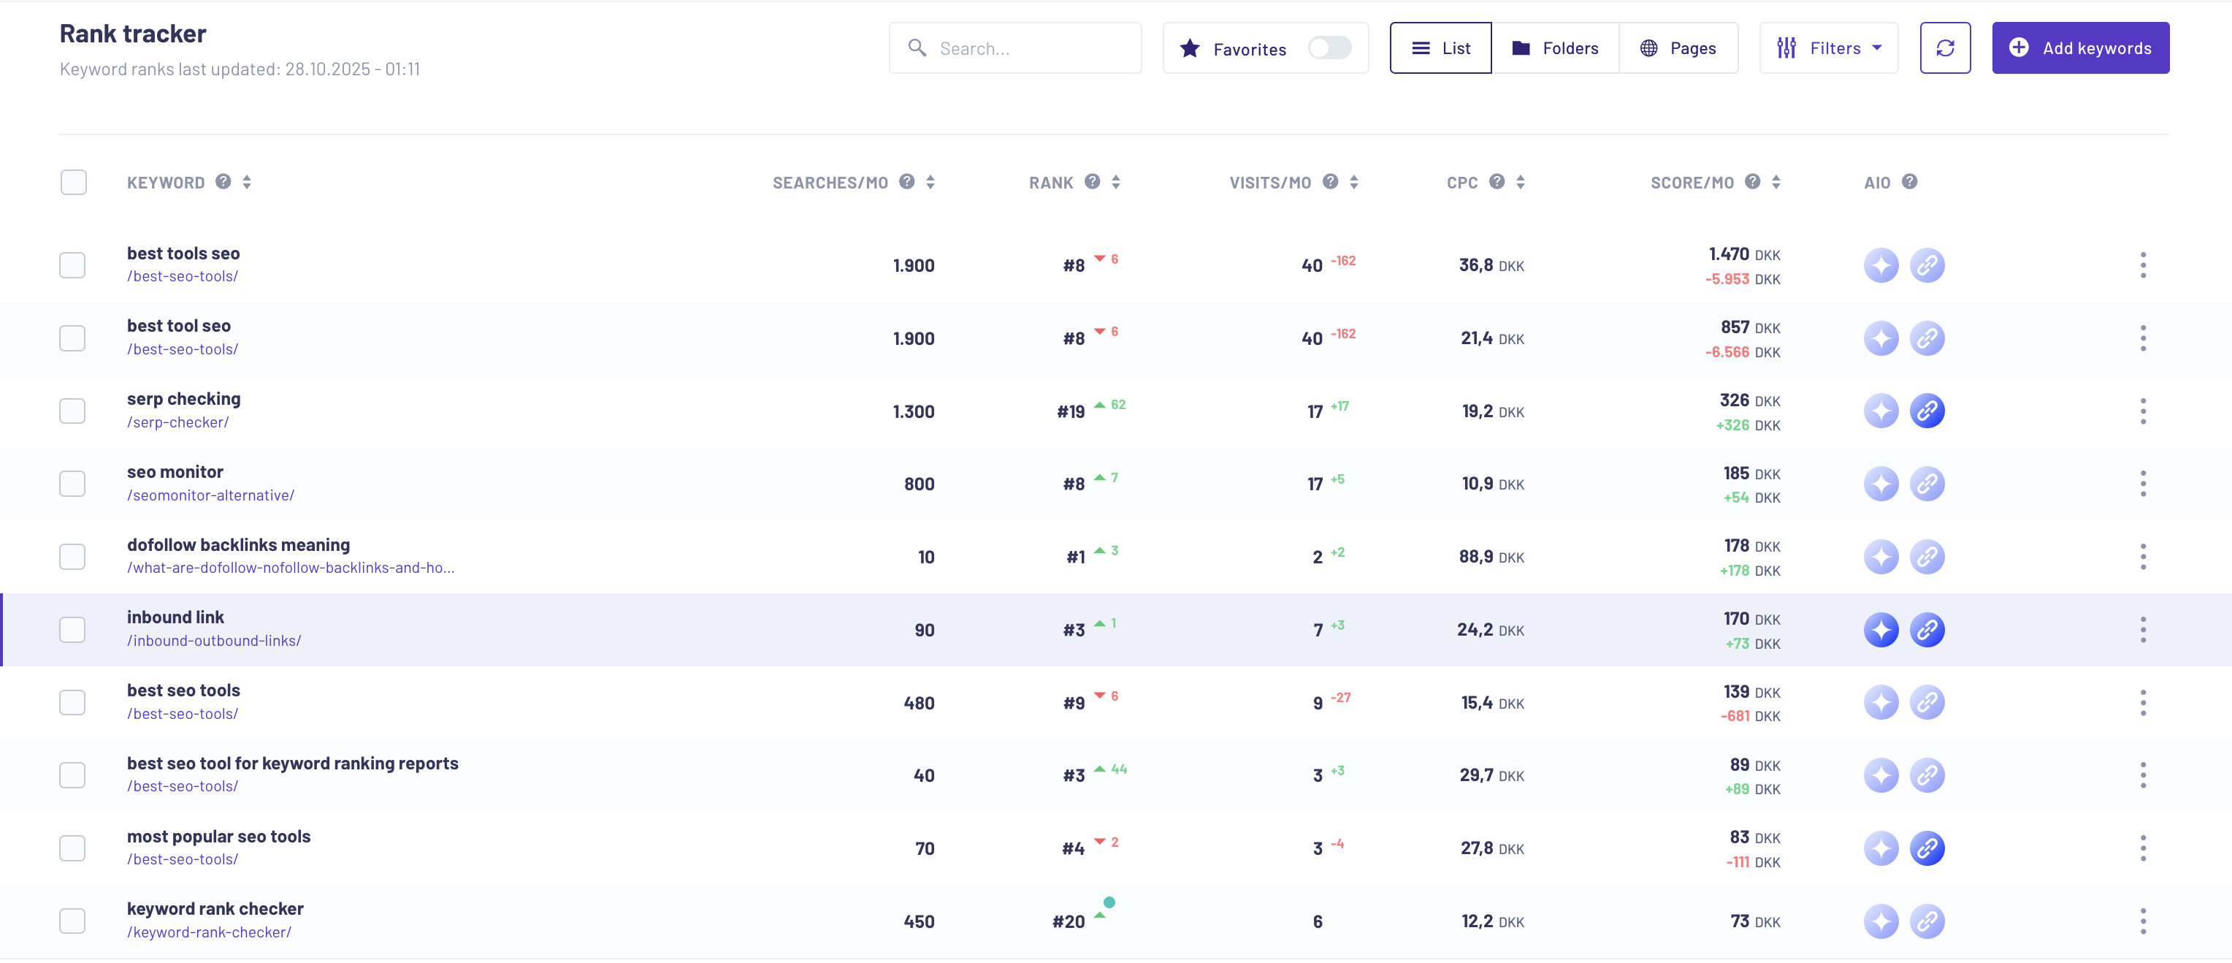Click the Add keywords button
pyautogui.click(x=2079, y=47)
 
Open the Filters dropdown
pyautogui.click(x=1828, y=47)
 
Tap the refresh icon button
pyautogui.click(x=1944, y=47)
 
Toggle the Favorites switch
pyautogui.click(x=1329, y=47)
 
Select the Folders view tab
pyautogui.click(x=1555, y=47)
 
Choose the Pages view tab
pyautogui.click(x=1678, y=47)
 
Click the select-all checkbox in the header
pyautogui.click(x=74, y=182)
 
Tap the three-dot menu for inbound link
pyautogui.click(x=2143, y=630)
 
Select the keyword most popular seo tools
pyautogui.click(x=218, y=837)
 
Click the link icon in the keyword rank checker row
pyautogui.click(x=1927, y=921)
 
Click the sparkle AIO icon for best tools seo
pyautogui.click(x=1881, y=265)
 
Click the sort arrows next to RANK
pyautogui.click(x=1116, y=182)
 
